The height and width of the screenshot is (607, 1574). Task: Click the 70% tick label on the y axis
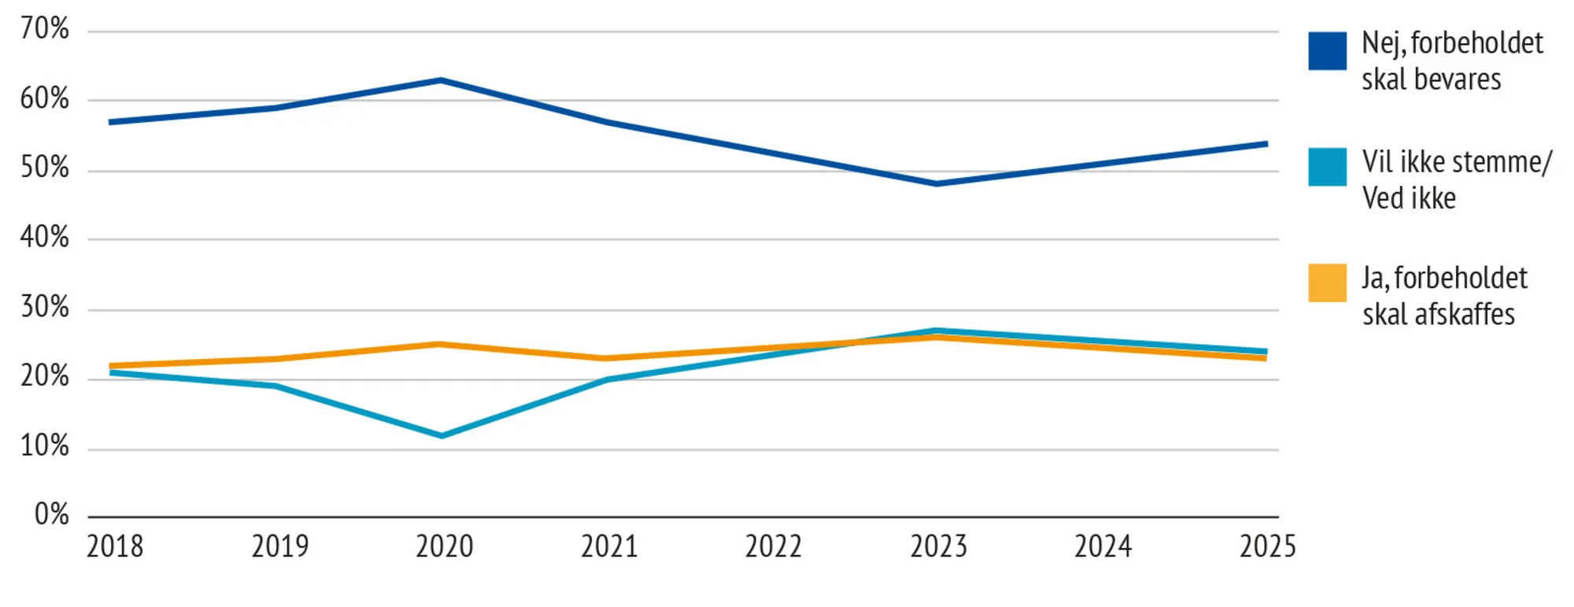[45, 29]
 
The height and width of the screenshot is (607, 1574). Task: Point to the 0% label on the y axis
[52, 515]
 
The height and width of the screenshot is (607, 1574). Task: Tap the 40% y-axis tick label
[45, 237]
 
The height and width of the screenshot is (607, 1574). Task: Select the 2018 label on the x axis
[115, 546]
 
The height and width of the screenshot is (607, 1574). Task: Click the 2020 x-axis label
[445, 546]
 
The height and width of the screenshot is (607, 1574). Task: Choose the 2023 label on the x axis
[938, 546]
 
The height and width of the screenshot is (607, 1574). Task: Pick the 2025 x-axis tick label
[1267, 546]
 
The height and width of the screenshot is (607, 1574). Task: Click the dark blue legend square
[1327, 51]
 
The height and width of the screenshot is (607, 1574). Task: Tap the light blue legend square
[1327, 167]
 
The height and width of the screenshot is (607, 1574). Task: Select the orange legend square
[1327, 283]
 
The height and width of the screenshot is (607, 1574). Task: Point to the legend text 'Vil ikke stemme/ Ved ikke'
[1456, 180]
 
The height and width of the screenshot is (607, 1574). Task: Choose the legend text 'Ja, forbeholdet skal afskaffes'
[1444, 296]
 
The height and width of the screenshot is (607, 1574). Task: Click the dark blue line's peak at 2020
[441, 80]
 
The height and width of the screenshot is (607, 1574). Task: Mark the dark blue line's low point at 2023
[936, 183]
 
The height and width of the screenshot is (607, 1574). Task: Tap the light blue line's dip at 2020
[442, 435]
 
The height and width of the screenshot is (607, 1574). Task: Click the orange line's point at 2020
[441, 344]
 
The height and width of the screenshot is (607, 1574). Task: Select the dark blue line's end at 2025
[1265, 144]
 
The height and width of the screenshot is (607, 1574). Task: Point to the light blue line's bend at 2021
[607, 379]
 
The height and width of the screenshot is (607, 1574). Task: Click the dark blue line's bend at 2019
[276, 108]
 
